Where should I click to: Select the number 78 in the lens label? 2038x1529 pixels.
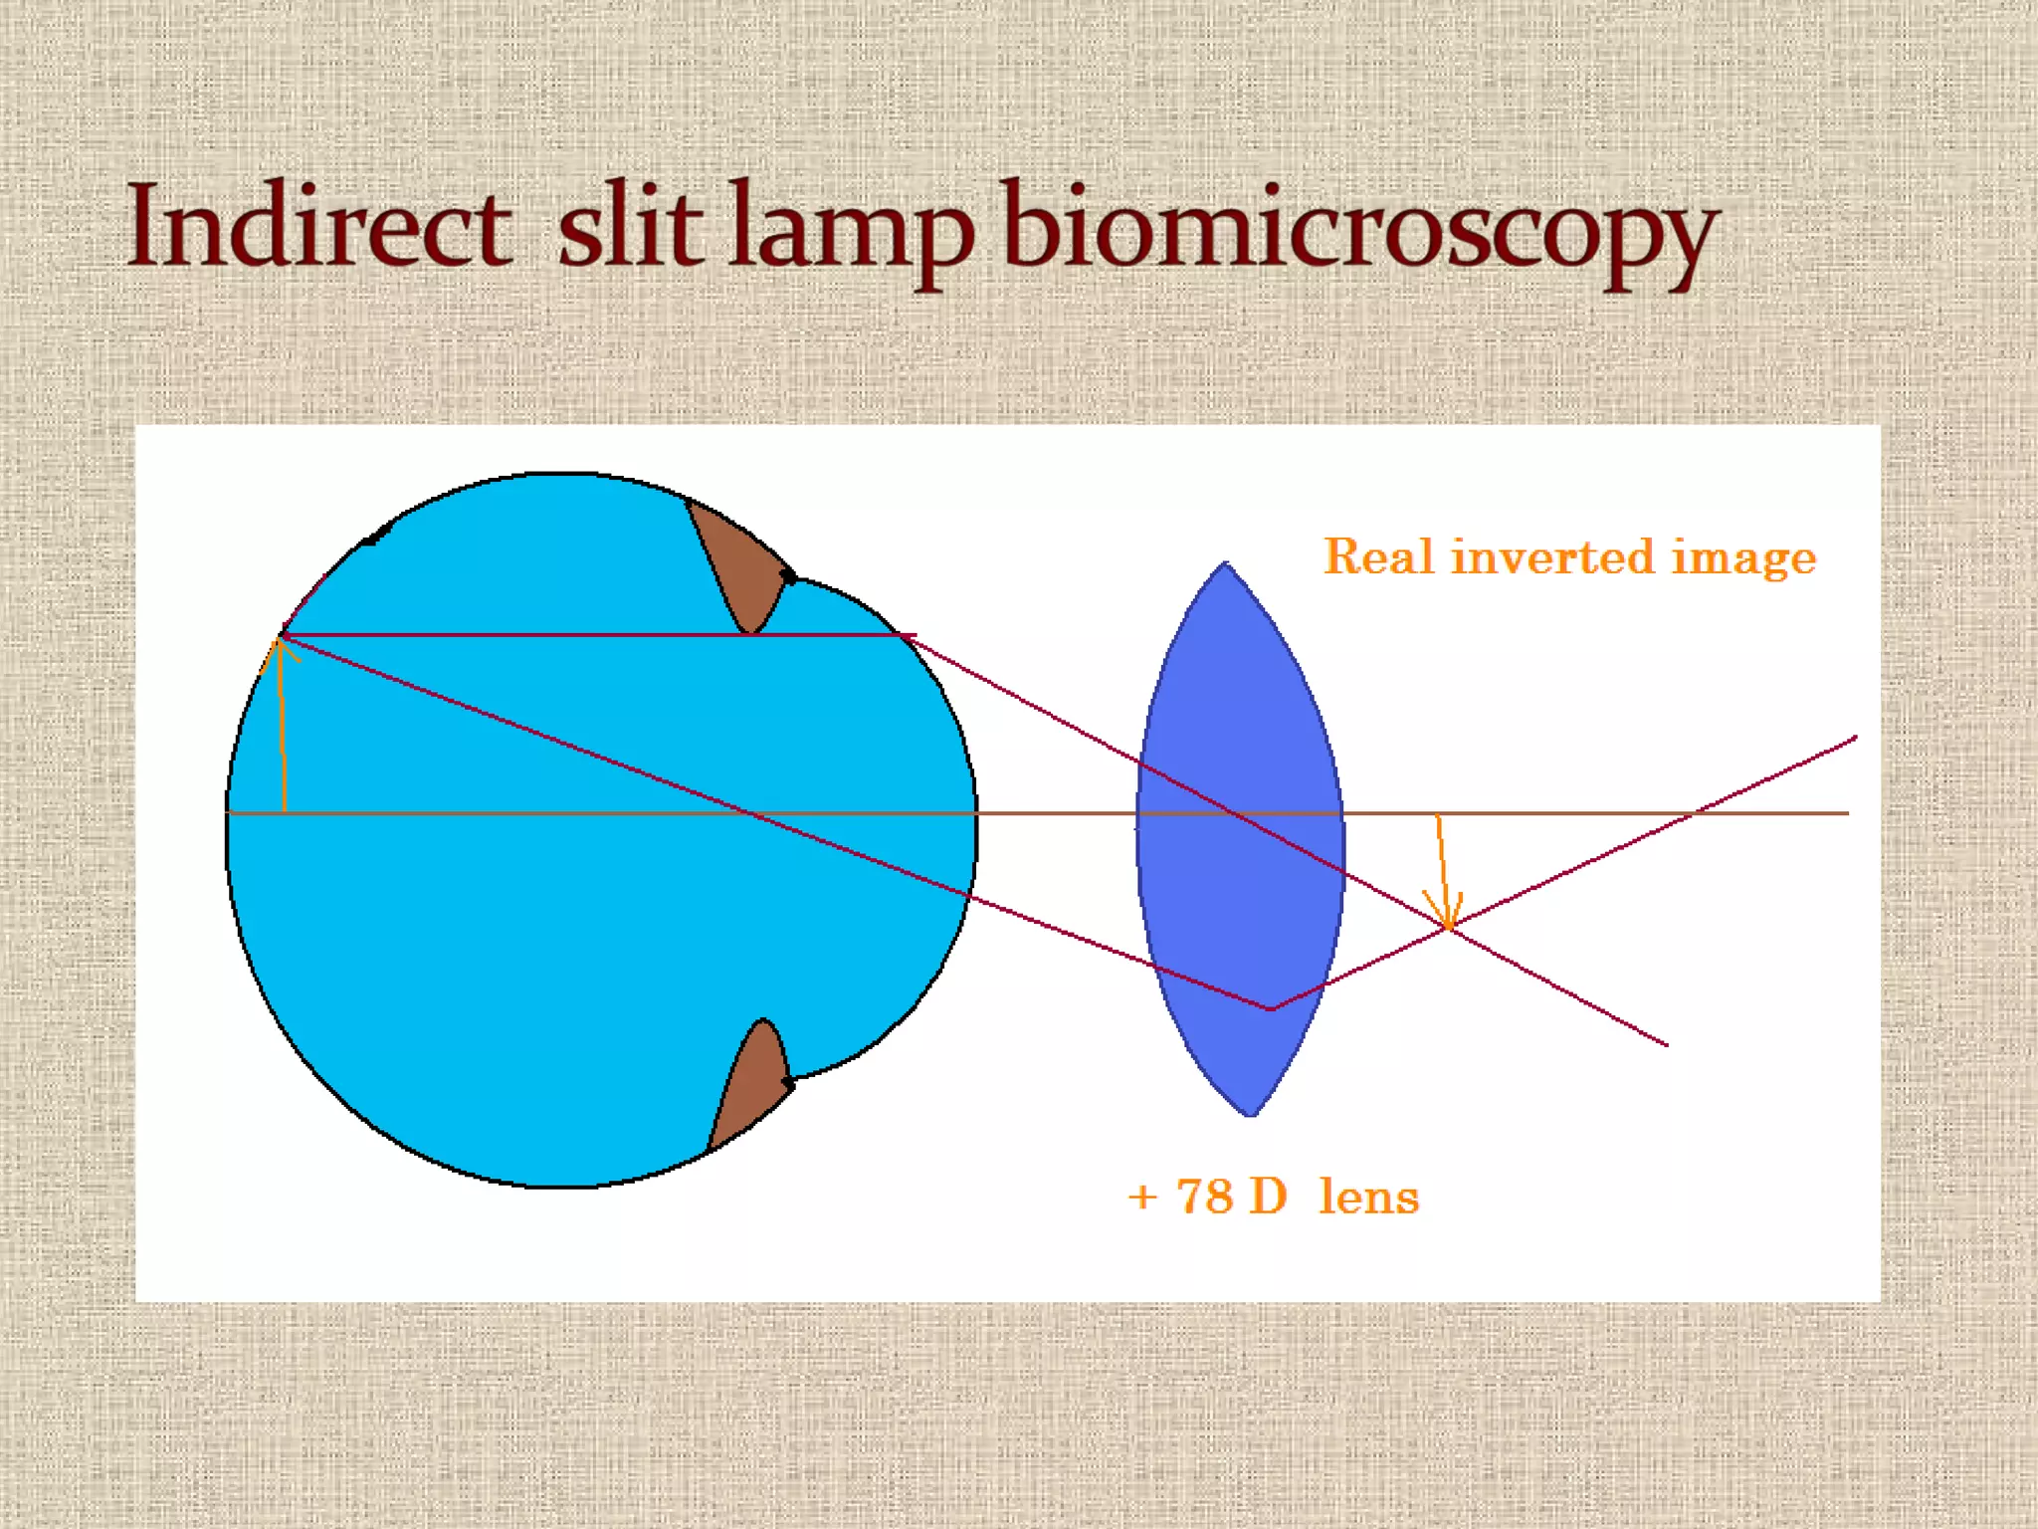pos(1205,1197)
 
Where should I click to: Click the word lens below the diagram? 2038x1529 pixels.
pos(1368,1197)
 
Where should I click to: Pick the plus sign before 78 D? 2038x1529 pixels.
pos(1142,1198)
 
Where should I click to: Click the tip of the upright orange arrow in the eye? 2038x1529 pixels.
pos(280,639)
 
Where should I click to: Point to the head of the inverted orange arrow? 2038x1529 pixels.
pos(1446,924)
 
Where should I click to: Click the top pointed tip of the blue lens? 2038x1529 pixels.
pos(1225,564)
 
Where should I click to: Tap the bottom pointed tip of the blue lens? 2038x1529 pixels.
pos(1251,1114)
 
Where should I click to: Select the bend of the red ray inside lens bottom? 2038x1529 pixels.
pos(1271,1009)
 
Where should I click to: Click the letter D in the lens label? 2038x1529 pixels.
pos(1268,1197)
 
